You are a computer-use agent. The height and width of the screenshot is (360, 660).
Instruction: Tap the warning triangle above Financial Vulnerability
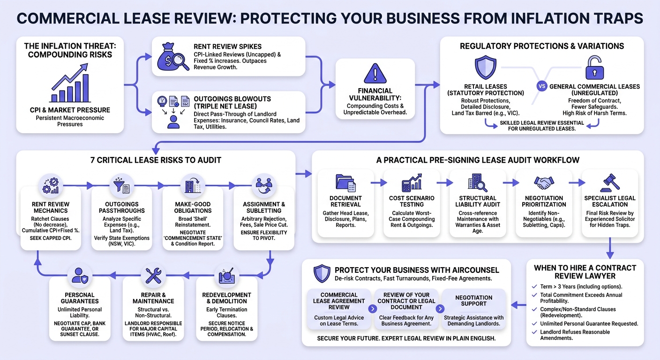375,73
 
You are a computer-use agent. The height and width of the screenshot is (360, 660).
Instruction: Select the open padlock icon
594,67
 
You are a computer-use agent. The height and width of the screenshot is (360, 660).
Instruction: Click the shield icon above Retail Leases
485,67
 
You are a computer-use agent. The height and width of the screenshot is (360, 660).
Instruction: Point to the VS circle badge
541,86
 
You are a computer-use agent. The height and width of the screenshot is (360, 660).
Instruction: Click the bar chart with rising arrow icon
70,83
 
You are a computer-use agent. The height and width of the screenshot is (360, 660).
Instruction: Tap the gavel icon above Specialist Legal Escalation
610,183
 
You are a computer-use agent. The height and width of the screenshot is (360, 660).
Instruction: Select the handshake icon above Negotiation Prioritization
544,183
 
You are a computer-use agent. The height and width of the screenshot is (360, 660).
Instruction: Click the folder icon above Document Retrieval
345,183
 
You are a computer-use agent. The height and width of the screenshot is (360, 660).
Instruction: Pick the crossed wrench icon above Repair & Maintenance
153,276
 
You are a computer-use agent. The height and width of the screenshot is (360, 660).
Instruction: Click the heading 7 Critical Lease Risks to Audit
156,160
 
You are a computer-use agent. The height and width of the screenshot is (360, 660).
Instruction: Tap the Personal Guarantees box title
80,298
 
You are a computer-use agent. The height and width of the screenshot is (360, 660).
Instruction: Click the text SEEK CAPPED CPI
51,238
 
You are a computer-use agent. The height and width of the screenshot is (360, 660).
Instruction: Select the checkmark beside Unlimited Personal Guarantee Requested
534,323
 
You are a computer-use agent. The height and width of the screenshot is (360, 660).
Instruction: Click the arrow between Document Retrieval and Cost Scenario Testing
379,183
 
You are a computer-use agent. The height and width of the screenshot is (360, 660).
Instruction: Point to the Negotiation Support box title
473,301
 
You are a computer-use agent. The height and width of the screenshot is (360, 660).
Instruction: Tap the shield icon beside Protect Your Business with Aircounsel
322,273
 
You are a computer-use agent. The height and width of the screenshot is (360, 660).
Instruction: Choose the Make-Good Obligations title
193,207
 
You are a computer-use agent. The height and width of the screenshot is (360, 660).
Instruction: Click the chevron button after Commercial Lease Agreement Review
373,309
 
